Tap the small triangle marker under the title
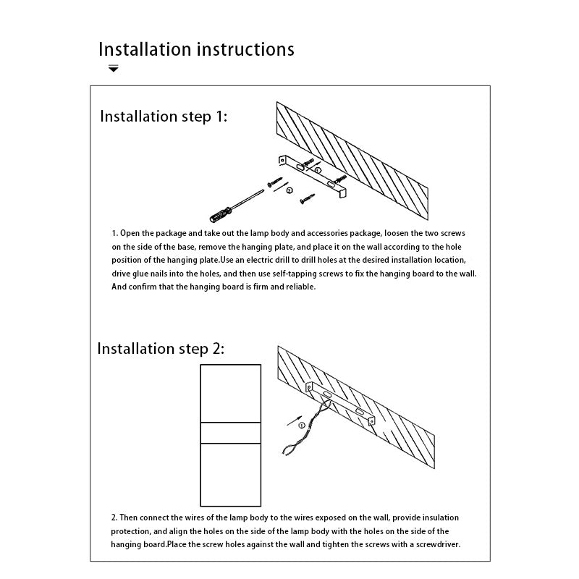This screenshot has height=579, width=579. coord(114,69)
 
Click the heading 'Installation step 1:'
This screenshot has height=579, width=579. coord(164,117)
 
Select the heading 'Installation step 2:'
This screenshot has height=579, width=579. coord(161,349)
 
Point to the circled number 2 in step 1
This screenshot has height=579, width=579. coord(289,190)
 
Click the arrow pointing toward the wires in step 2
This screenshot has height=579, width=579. coord(295,419)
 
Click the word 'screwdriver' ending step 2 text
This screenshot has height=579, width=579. coord(436,544)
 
